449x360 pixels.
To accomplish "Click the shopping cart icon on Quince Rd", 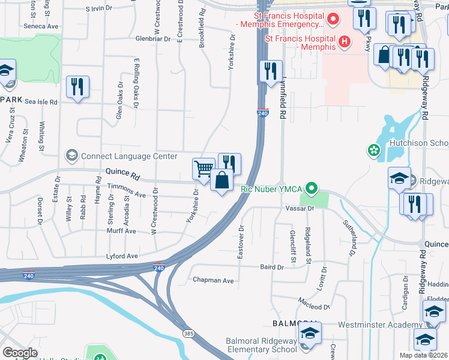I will pos(204,169).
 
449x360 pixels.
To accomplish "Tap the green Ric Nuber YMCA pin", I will pos(311,189).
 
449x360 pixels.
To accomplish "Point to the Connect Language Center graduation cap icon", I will pos(72,156).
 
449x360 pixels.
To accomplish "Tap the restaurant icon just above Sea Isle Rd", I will pos(77,86).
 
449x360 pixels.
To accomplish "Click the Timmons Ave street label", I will pos(127,194).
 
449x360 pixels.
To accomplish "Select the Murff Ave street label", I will pos(122,231).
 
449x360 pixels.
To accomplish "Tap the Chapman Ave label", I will pos(213,280).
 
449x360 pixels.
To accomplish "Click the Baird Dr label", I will pos(271,267).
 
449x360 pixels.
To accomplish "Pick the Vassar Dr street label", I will pos(303,208).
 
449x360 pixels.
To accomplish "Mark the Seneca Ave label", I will pos(41,26).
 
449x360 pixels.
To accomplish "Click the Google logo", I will pos(20,353).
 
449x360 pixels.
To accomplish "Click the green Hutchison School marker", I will pos(375,149).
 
